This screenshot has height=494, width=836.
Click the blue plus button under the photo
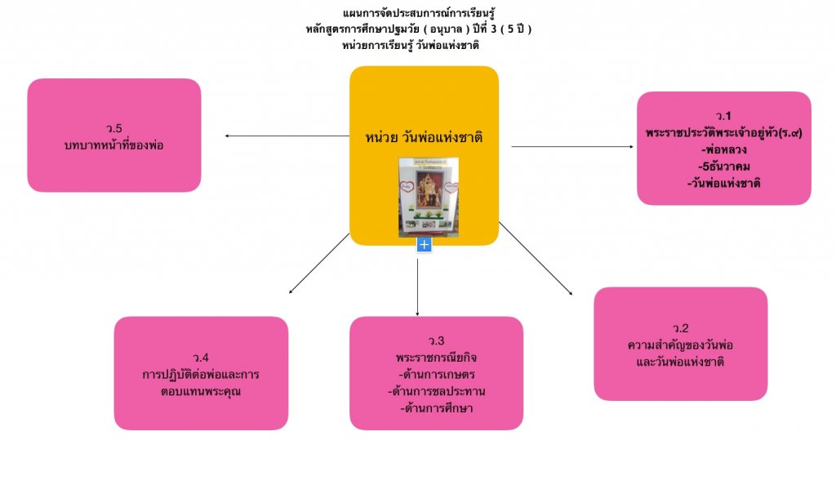coord(424,244)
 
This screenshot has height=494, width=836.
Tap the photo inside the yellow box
coord(424,195)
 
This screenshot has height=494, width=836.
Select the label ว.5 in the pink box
coord(114,128)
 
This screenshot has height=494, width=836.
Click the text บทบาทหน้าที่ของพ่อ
coord(114,145)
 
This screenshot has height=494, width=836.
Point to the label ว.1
coord(723,115)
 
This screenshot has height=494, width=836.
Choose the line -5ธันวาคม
coord(723,167)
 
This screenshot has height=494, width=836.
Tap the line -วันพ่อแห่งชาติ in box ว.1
coord(723,183)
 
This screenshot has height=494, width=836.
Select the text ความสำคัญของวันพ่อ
coord(680,345)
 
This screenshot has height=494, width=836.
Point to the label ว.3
coord(436,340)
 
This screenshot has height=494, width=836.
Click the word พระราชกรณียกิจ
coord(436,358)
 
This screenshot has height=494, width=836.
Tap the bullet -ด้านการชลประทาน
coord(436,391)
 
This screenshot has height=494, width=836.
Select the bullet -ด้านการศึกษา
coord(436,407)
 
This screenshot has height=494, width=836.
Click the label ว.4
coord(201,358)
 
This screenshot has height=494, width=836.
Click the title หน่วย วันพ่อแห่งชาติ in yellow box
coord(424,136)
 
